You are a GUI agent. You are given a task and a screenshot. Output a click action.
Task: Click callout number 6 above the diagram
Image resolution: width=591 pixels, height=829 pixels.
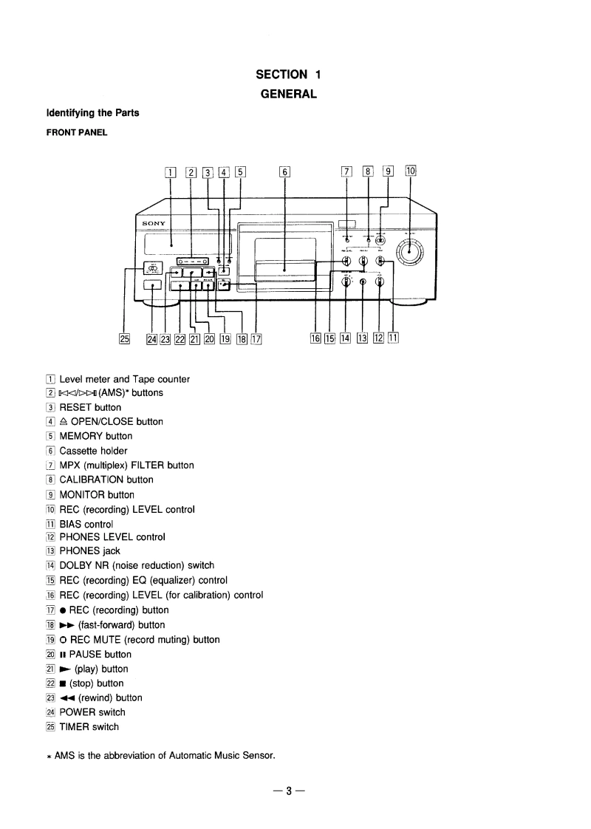click(285, 174)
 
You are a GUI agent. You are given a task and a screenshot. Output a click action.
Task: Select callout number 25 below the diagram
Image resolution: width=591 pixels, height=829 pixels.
click(124, 339)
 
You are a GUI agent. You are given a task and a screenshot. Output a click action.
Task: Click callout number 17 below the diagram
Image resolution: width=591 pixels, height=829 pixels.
click(257, 339)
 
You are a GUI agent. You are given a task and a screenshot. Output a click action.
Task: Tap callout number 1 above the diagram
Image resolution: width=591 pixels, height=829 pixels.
click(171, 174)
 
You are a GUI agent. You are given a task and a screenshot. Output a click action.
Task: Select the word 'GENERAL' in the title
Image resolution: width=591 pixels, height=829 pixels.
click(288, 94)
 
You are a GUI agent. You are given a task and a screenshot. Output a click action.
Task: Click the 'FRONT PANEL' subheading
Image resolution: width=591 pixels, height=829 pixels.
click(77, 133)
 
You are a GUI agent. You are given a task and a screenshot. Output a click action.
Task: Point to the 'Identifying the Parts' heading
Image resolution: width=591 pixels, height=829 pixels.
click(93, 113)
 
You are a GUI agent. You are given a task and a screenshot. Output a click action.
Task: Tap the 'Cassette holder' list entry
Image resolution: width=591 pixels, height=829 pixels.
click(93, 451)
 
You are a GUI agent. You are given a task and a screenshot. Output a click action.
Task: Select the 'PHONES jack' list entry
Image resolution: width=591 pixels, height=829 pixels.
click(89, 551)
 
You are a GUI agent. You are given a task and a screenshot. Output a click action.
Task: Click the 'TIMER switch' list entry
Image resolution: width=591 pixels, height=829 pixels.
click(89, 726)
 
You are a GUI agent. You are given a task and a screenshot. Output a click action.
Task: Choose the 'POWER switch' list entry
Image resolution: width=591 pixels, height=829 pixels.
click(92, 712)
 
